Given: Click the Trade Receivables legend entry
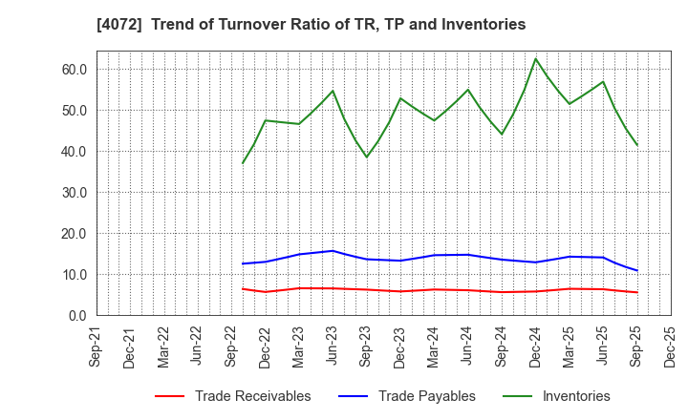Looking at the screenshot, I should click(x=252, y=396).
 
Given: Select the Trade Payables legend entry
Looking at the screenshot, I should click(x=425, y=396).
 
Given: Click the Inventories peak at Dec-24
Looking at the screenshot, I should click(x=535, y=59).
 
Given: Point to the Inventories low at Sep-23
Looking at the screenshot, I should click(x=366, y=157).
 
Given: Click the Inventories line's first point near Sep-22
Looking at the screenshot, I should click(x=243, y=163).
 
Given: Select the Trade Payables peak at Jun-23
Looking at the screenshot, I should click(x=333, y=251).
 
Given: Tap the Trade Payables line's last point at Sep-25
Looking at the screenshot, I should click(x=637, y=271).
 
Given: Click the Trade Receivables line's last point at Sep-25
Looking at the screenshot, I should click(x=637, y=292).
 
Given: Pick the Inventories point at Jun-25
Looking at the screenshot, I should click(x=603, y=81).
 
